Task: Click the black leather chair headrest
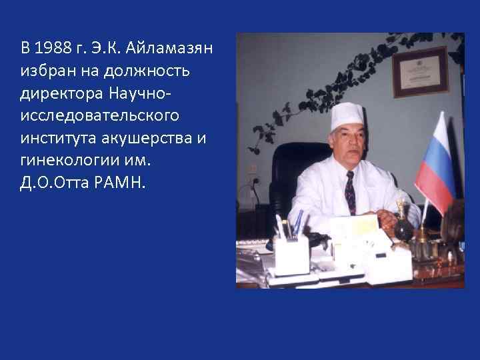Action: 293,160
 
